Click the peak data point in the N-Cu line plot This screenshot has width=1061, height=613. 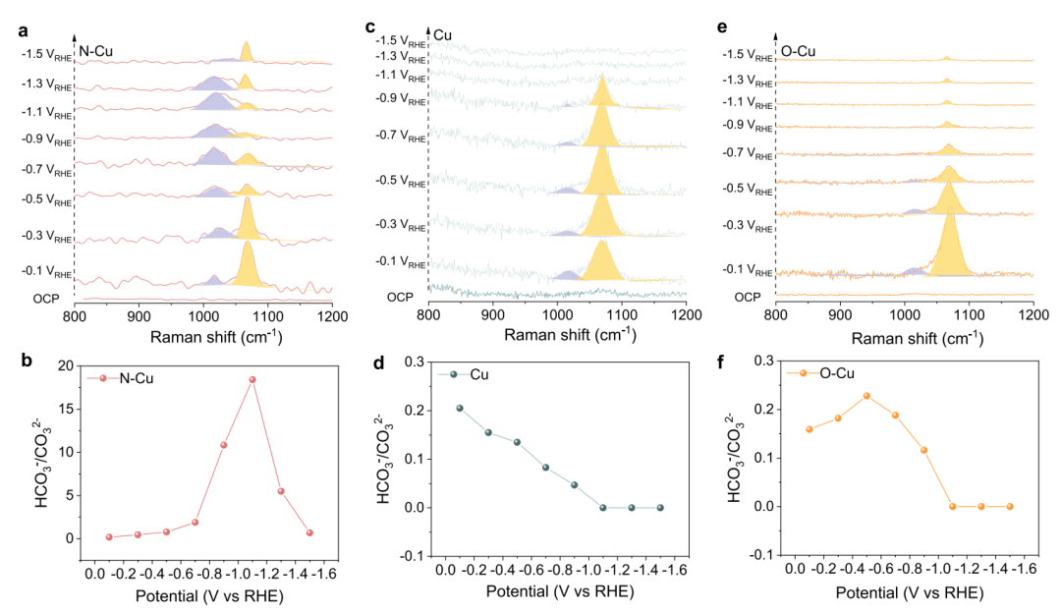pyautogui.click(x=251, y=379)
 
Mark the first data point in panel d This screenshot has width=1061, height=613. pyautogui.click(x=459, y=408)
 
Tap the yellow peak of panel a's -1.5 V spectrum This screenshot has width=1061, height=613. pyautogui.click(x=246, y=45)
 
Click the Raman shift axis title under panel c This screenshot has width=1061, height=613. pyautogui.click(x=557, y=335)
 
